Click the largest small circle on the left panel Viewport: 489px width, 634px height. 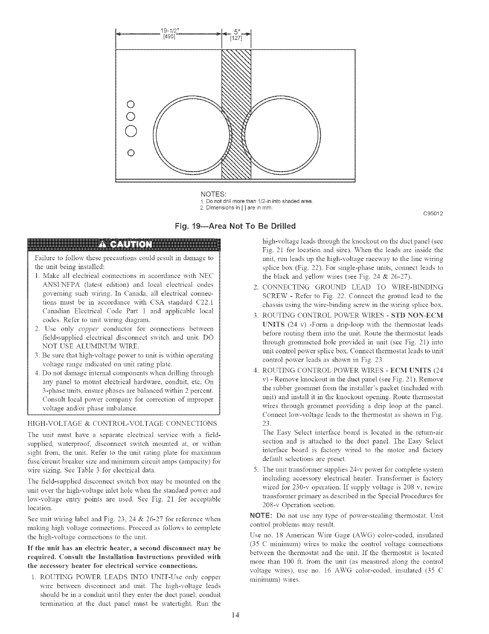130,131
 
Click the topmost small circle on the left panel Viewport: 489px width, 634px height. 130,103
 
